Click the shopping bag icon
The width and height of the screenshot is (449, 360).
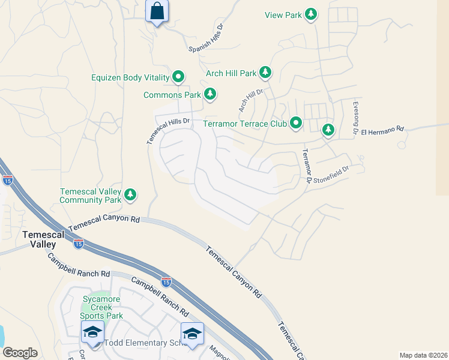click(157, 11)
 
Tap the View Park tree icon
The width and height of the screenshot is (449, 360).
click(311, 14)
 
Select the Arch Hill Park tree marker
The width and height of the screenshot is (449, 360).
click(265, 73)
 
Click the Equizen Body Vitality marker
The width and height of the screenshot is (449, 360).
click(178, 77)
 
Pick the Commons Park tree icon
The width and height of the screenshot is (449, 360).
click(210, 94)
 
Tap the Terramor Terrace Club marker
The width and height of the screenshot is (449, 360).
click(296, 123)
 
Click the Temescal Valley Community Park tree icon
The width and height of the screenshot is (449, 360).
click(130, 194)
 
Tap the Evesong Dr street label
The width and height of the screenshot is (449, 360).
click(355, 117)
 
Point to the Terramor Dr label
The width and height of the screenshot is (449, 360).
click(306, 165)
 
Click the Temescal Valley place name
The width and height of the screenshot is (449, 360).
click(39, 239)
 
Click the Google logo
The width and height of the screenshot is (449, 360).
click(20, 353)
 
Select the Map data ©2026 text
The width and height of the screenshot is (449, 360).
click(423, 355)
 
